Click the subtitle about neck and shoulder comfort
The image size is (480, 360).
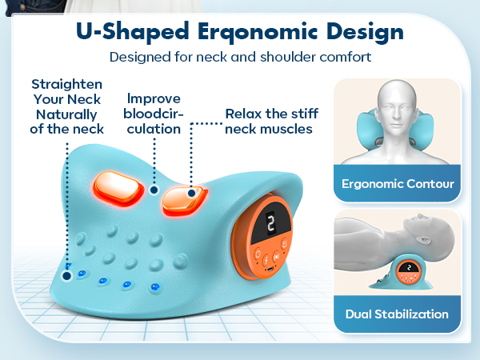tap(240, 58)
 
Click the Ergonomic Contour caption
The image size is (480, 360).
tap(398, 184)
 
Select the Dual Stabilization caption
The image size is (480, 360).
tap(398, 314)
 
